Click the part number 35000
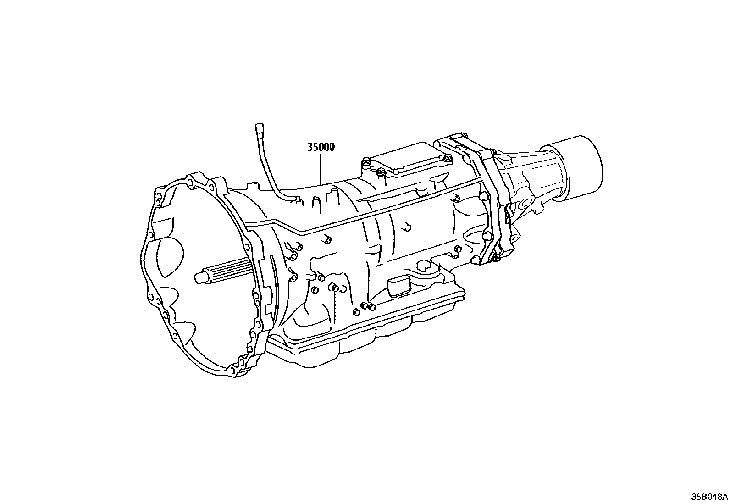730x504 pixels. click(x=321, y=147)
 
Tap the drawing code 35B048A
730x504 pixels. click(x=710, y=497)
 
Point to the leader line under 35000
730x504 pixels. click(x=321, y=170)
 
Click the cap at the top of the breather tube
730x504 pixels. click(x=260, y=127)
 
